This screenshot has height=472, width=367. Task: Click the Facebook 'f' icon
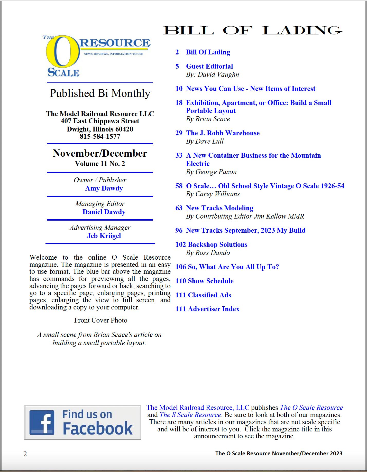point(42,422)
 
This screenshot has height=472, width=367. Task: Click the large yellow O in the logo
point(63,51)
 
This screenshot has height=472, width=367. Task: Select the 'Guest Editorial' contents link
point(209,66)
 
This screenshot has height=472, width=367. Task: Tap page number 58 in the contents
point(179,186)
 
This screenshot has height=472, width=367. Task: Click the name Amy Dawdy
point(104,188)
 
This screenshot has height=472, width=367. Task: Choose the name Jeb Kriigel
point(104,236)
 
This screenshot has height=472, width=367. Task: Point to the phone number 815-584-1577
point(100,136)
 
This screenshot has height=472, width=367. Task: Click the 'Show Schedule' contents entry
point(211,281)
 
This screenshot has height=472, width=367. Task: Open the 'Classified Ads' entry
point(209,295)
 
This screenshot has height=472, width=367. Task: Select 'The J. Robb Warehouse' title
point(223,133)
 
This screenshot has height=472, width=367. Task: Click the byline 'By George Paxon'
point(211,172)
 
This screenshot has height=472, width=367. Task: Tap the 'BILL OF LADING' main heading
point(252,31)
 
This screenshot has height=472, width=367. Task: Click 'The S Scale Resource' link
point(190,415)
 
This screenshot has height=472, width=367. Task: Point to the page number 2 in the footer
point(25,454)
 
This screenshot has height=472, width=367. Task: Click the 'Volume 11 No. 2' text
point(100,164)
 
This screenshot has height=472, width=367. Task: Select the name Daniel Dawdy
point(104,212)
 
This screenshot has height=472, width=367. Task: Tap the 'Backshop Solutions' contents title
point(217,244)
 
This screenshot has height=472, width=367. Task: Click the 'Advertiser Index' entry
point(214,309)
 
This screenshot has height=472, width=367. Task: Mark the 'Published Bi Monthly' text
point(100,93)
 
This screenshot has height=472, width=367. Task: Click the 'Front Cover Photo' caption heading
point(101,320)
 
